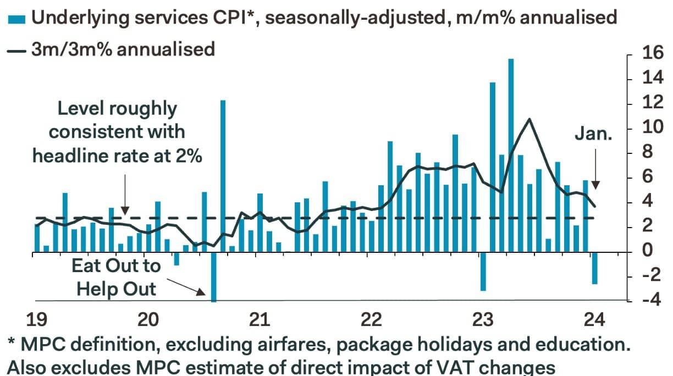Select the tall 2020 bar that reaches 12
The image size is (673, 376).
223,176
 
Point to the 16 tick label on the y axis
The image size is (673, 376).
650,54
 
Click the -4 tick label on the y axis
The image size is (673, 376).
649,301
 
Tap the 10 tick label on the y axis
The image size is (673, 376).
650,128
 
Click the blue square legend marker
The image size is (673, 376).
16,19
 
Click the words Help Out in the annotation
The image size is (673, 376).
116,288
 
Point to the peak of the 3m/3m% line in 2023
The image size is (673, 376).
529,119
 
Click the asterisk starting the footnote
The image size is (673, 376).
12,344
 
